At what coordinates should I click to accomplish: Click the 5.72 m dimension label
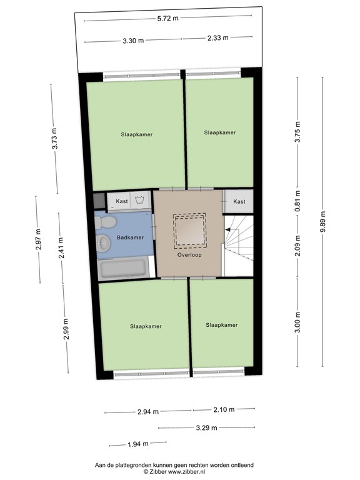(167, 18)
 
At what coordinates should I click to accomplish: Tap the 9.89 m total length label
(323, 222)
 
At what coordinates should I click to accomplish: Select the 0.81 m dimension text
(297, 201)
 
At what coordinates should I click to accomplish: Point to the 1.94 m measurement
(138, 444)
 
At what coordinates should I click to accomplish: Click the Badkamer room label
(130, 237)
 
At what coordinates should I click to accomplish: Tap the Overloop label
(189, 255)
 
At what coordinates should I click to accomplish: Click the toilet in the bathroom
(104, 222)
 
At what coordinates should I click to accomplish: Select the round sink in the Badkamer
(104, 243)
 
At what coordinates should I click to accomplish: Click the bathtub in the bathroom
(124, 269)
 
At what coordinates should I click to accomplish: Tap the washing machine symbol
(140, 200)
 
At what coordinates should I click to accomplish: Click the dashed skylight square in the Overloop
(189, 231)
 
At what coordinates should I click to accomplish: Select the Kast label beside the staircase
(239, 201)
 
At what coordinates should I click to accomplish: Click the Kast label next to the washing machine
(122, 201)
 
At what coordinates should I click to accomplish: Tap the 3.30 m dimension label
(133, 41)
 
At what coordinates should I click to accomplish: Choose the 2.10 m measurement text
(224, 409)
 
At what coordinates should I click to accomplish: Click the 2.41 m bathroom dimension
(61, 248)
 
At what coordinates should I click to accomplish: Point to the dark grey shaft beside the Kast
(99, 201)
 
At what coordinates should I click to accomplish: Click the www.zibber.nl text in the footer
(186, 472)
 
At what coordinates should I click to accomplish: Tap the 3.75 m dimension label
(297, 132)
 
